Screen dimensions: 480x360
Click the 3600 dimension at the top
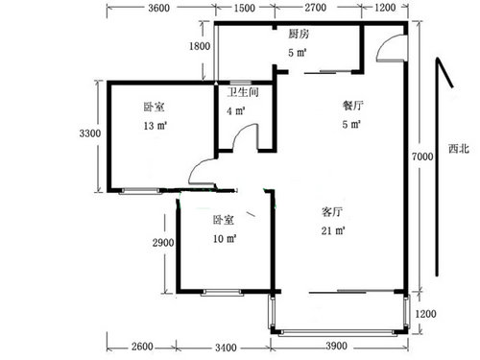coord(158,8)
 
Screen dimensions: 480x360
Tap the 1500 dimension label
coord(245,8)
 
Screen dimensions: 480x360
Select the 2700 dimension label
coord(316,8)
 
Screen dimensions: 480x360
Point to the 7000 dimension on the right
coord(422,156)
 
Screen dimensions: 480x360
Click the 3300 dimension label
coord(90,133)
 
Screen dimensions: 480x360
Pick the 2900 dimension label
coord(163,243)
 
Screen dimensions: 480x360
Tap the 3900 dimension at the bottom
coord(337,346)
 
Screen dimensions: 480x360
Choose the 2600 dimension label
coord(142,347)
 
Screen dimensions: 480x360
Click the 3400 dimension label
coord(226,348)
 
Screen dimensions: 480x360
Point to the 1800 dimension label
coord(200,46)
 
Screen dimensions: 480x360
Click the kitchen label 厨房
coord(299,34)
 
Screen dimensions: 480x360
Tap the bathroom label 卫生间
coord(243,92)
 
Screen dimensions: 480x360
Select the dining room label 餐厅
coord(353,106)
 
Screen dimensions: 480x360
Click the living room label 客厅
coord(332,212)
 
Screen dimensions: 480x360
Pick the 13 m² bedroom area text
coord(156,126)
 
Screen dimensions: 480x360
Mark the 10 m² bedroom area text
coord(225,239)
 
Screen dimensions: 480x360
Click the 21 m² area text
coord(333,230)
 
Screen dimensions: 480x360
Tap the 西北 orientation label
coord(459,149)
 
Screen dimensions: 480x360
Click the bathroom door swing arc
coord(242,131)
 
